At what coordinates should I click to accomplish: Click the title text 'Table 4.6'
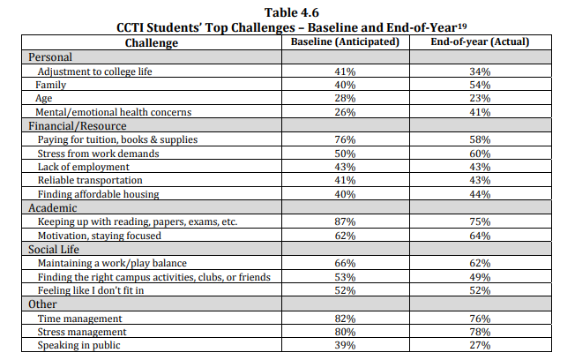(x=292, y=12)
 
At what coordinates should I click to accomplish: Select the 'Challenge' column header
(x=152, y=43)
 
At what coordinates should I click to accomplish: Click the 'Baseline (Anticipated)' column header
(x=345, y=41)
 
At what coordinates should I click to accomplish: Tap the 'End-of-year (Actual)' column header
(x=480, y=41)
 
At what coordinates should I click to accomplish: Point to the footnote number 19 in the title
(x=462, y=26)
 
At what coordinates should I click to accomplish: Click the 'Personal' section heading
(x=50, y=57)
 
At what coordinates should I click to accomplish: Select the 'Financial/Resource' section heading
(x=78, y=126)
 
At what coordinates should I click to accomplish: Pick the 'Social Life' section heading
(x=54, y=250)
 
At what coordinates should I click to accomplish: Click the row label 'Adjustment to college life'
(x=94, y=71)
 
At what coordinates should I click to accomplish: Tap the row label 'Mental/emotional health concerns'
(x=113, y=112)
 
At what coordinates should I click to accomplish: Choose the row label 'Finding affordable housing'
(x=98, y=194)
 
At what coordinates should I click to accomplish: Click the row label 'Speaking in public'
(x=78, y=345)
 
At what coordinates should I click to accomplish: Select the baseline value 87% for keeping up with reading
(x=345, y=222)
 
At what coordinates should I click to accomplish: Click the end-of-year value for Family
(x=480, y=85)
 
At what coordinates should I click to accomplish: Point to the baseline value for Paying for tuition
(x=345, y=139)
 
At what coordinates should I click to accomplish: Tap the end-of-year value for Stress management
(x=480, y=332)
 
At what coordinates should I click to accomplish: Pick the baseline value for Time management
(x=345, y=319)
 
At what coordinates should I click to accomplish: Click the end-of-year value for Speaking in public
(x=480, y=345)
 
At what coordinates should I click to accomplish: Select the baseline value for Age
(x=345, y=98)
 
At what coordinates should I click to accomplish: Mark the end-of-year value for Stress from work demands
(x=480, y=154)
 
